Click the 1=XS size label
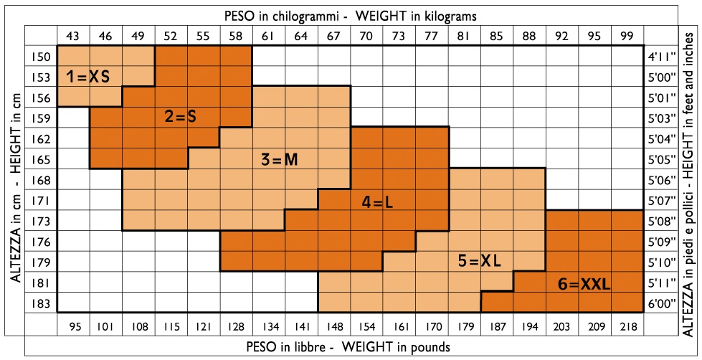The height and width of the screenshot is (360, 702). [88, 76]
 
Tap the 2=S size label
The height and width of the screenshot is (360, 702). [180, 117]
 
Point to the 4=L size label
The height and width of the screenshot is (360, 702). [377, 203]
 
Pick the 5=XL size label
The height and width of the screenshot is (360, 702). [479, 262]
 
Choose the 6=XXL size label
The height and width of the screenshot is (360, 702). [584, 285]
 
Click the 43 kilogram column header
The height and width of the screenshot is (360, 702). [72, 35]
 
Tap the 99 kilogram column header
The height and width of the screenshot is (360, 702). [627, 35]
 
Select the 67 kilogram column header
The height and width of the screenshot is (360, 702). [333, 35]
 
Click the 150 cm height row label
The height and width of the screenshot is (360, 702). [41, 56]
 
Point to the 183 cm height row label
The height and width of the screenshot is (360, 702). [41, 303]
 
